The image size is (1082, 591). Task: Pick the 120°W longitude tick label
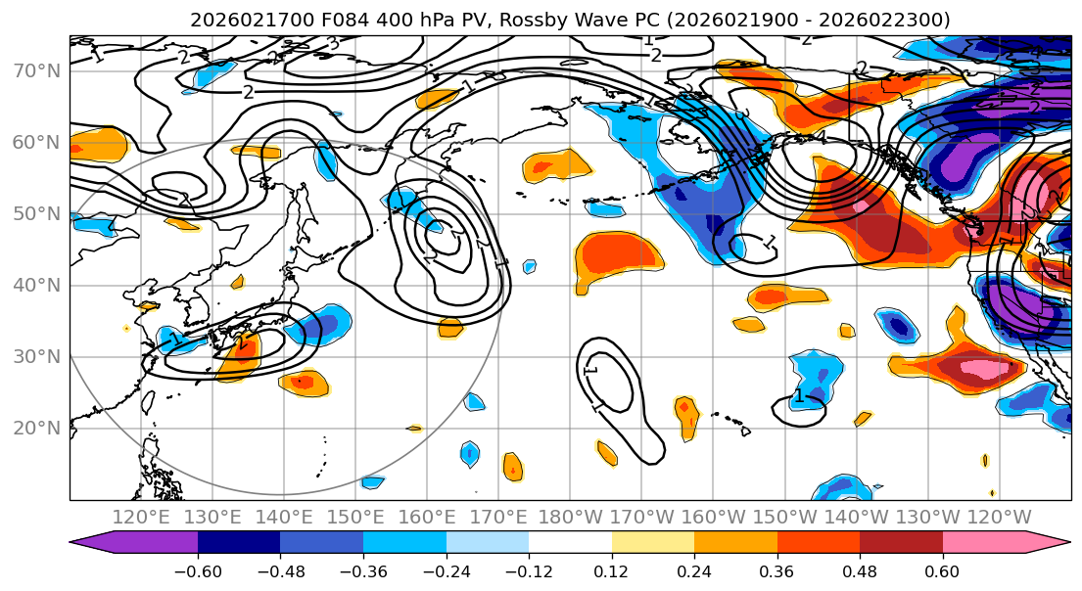coord(998,517)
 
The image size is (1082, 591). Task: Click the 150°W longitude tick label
coord(783,517)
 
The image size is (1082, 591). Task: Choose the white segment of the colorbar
coord(570,544)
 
